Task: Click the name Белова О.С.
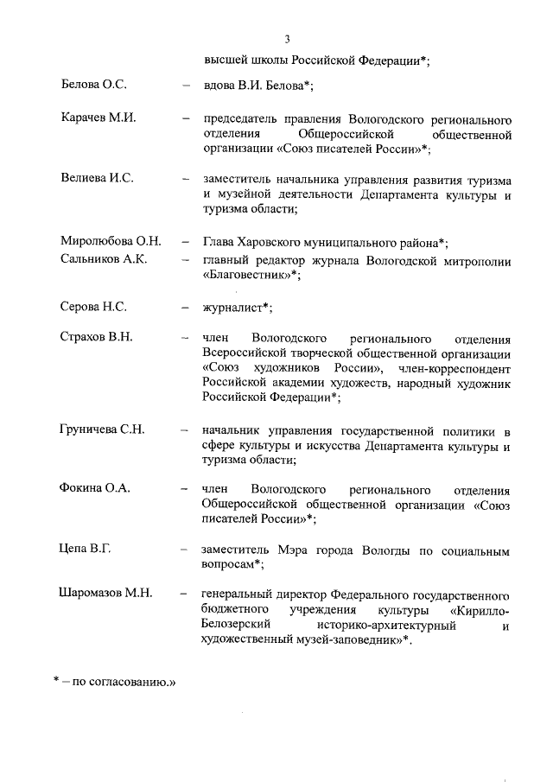click(95, 85)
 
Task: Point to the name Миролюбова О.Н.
click(111, 241)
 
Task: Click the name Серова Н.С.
click(93, 306)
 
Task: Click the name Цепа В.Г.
click(86, 549)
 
